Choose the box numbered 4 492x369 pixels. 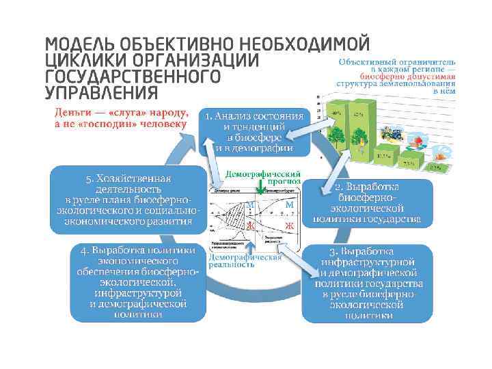click(139, 282)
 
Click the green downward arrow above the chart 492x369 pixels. click(261, 189)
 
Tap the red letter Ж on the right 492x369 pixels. click(289, 225)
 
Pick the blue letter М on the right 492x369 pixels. click(289, 204)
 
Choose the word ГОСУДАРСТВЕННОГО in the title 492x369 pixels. click(133, 76)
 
